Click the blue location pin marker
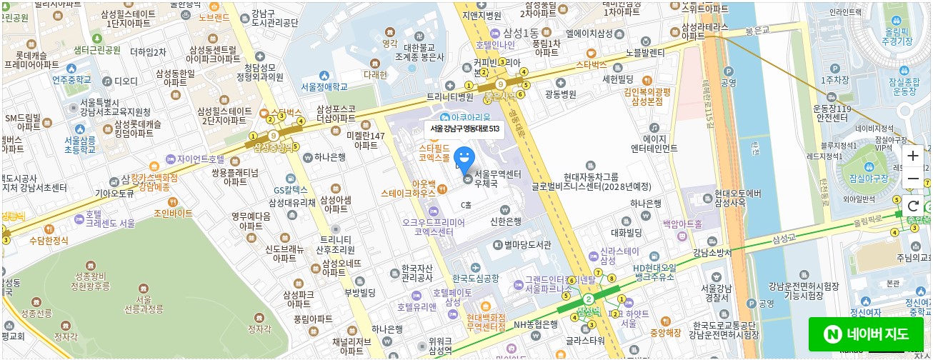(x=464, y=157)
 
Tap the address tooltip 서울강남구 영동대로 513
(x=464, y=129)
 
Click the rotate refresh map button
(x=913, y=206)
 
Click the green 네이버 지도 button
(x=866, y=334)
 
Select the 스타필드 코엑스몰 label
(x=434, y=152)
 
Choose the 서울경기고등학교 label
(x=324, y=86)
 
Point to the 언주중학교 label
(x=71, y=80)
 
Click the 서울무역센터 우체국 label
(x=497, y=179)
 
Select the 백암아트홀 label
(x=682, y=224)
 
